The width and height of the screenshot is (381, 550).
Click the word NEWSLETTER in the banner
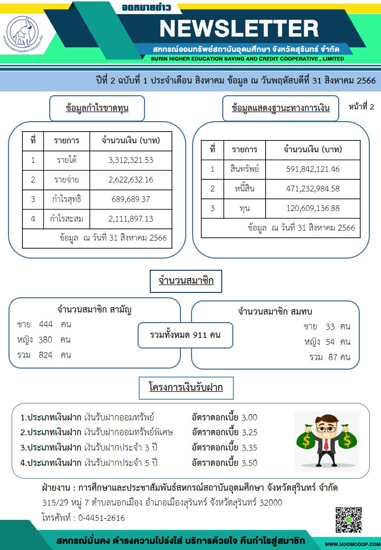click(239, 28)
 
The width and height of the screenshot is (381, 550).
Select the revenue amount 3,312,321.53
click(130, 161)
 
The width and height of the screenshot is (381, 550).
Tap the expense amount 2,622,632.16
click(130, 180)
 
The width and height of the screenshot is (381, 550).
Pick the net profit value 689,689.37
click(130, 199)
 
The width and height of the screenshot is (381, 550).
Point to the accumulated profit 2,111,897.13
click(130, 218)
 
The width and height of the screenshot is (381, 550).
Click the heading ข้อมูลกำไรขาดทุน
click(97, 108)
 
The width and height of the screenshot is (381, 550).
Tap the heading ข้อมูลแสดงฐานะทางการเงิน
click(280, 108)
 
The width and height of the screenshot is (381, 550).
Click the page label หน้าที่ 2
click(361, 107)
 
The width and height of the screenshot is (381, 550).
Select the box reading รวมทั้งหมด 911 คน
click(185, 335)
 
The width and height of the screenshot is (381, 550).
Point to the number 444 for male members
click(46, 324)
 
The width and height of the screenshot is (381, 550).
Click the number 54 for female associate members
click(331, 342)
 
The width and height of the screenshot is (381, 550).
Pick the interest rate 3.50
click(249, 463)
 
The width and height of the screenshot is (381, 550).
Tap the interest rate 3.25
click(249, 432)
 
